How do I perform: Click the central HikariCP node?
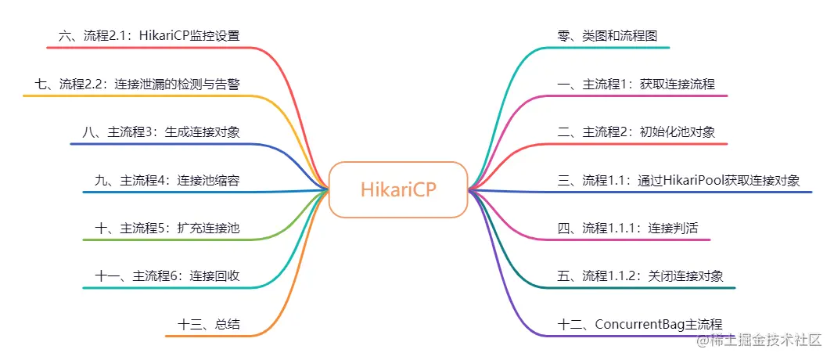click(398, 190)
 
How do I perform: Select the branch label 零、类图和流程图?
click(607, 36)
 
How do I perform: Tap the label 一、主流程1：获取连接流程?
click(636, 84)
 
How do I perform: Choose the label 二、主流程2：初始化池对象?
click(636, 132)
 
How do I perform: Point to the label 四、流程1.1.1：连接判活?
click(627, 228)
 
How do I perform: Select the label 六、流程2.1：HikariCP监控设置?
click(149, 36)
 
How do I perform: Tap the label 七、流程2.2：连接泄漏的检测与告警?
click(138, 84)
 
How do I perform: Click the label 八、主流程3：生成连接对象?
click(161, 132)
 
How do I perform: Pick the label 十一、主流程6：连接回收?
click(167, 276)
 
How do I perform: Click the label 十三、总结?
click(208, 324)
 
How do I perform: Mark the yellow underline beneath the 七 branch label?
click(138, 96)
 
